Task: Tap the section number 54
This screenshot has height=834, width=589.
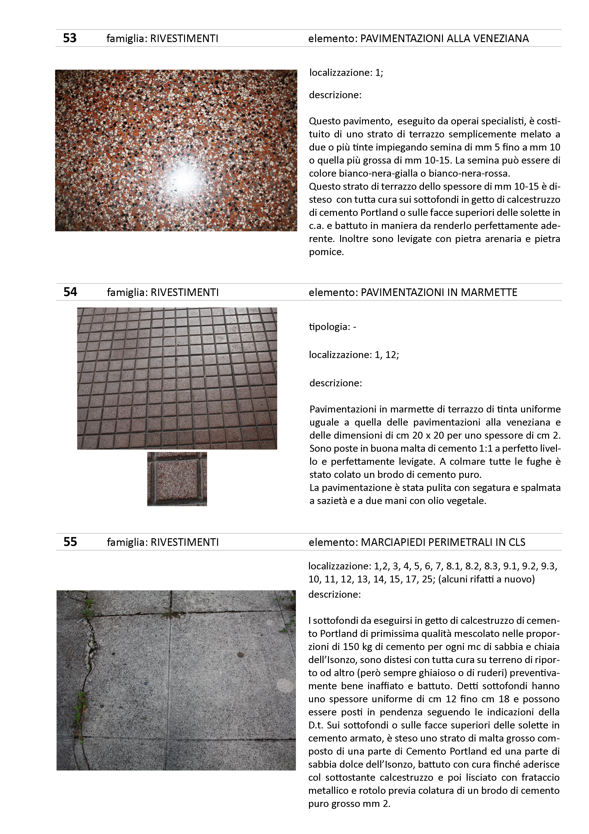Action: (x=70, y=292)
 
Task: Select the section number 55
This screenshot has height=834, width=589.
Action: (x=70, y=542)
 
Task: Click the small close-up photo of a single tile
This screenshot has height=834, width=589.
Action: (x=177, y=479)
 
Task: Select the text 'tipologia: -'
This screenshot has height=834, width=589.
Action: (x=332, y=327)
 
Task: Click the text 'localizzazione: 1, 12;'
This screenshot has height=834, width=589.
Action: (x=354, y=355)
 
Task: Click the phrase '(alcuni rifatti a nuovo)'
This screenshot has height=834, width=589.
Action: (x=486, y=579)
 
